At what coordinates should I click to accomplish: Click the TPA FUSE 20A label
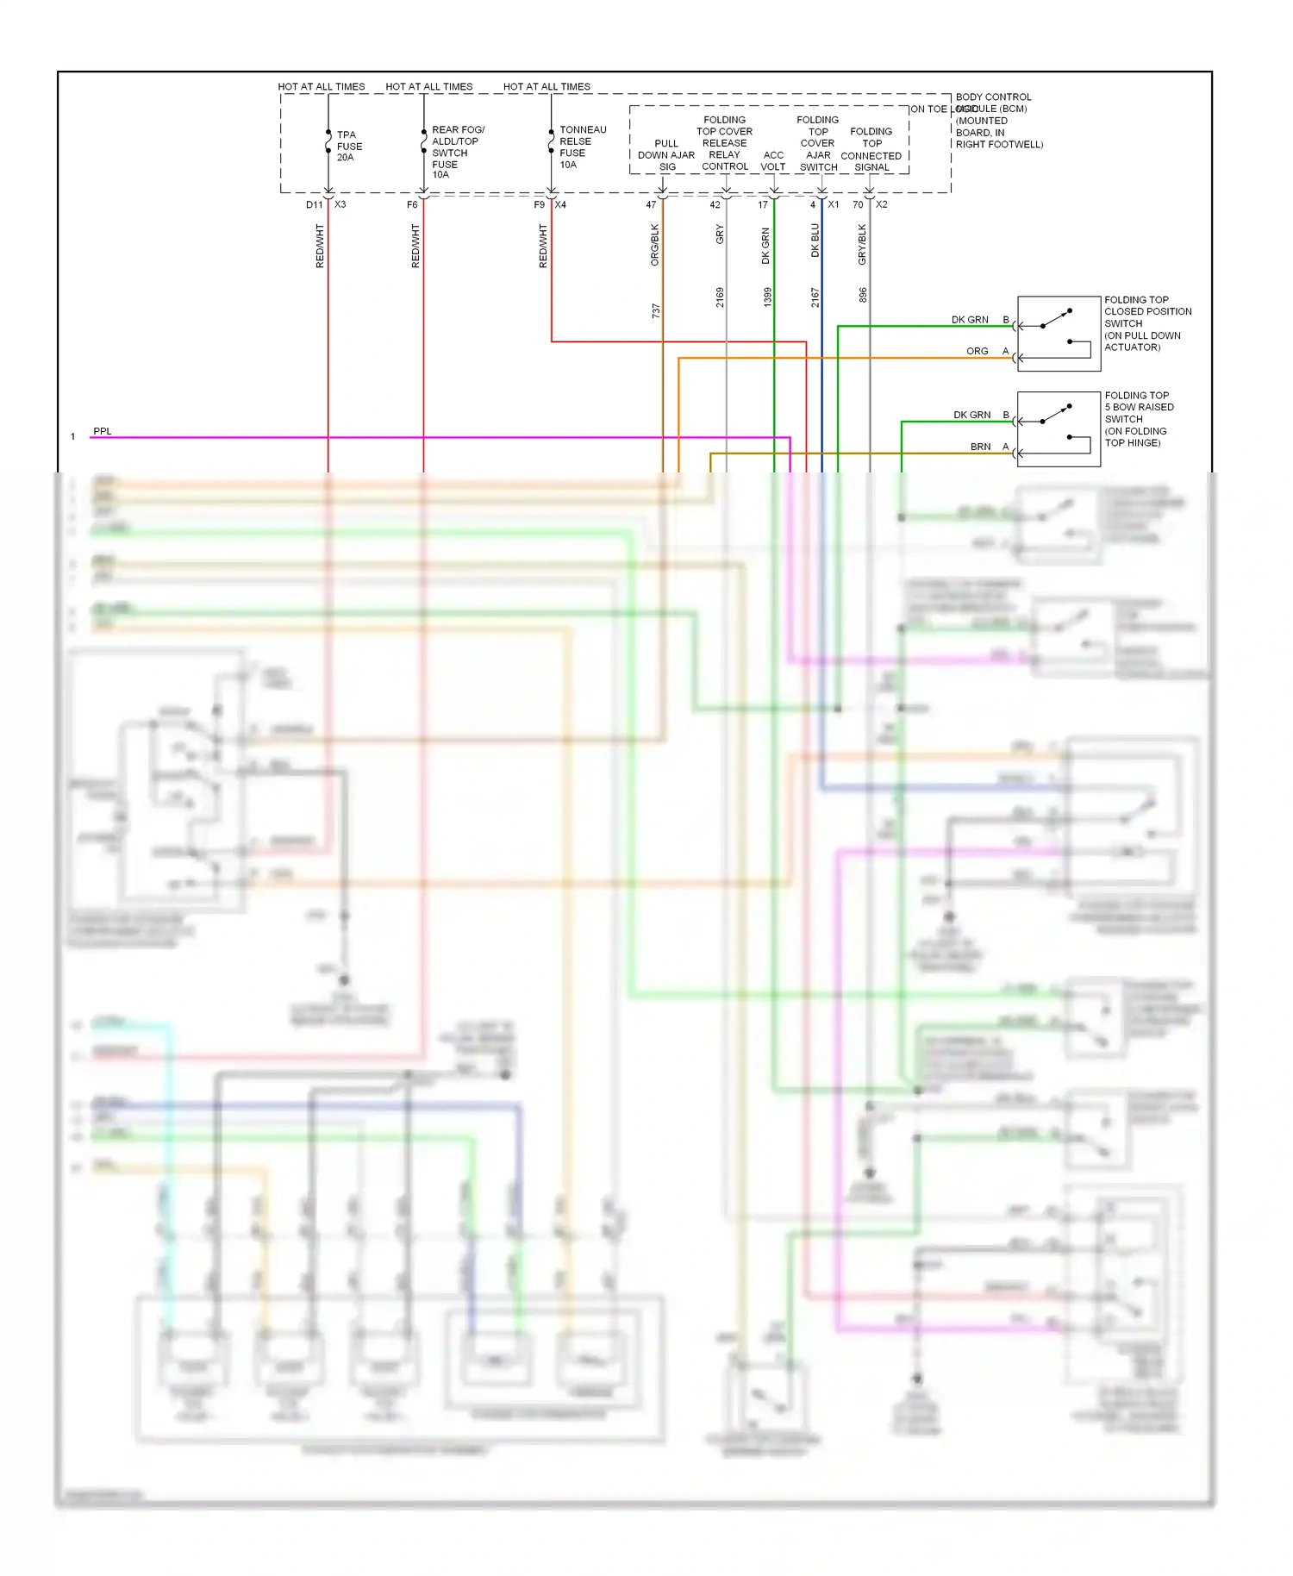coord(349,147)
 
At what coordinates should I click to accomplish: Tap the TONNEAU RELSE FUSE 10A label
coord(582,147)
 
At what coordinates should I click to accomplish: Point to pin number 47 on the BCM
coord(651,205)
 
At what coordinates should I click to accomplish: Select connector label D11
coord(314,205)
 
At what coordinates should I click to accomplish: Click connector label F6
coord(412,205)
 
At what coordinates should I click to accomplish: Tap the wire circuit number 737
coord(656,311)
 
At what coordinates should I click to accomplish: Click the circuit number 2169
coord(720,297)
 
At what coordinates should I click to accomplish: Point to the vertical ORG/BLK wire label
coord(655,245)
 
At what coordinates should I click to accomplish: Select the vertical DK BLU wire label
coord(815,241)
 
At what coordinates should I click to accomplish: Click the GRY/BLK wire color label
coord(862,244)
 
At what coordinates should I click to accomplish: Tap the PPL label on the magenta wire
coord(102,431)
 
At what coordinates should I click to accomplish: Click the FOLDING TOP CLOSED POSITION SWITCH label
coord(1147,323)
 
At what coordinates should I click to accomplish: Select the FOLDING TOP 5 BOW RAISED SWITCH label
coord(1138,419)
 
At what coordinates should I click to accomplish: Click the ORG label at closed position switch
coord(977,352)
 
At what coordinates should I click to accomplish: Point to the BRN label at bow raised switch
coord(980,447)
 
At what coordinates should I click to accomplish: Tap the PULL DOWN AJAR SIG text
coord(666,155)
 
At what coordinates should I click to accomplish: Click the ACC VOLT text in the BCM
coord(773,161)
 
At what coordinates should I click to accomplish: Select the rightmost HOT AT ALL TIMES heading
coord(547,87)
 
